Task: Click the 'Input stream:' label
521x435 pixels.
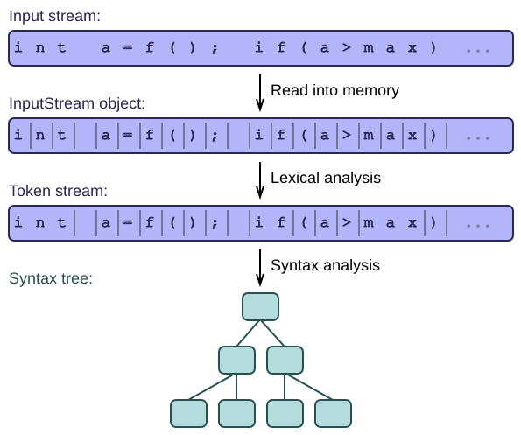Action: coord(54,16)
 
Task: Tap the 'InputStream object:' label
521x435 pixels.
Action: coord(77,103)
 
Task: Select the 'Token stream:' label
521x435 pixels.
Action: coord(58,191)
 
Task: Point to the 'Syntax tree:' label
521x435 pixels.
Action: coord(51,278)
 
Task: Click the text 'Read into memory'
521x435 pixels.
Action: coord(334,90)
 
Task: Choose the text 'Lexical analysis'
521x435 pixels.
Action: coord(326,178)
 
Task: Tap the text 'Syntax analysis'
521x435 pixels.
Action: coord(325,265)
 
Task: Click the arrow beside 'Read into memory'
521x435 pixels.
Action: coord(260,93)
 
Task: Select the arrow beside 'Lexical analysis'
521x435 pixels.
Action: coord(260,180)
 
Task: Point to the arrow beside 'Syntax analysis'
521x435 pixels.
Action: coord(260,268)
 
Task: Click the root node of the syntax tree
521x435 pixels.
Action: coord(261,307)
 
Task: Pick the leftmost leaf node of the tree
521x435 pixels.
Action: coord(189,413)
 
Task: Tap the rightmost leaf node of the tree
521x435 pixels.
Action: coord(333,413)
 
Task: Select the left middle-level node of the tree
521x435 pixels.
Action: coord(237,361)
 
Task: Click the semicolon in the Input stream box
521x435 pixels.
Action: coord(215,48)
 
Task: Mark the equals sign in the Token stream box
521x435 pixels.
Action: coord(128,222)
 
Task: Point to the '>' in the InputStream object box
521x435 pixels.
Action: coord(347,135)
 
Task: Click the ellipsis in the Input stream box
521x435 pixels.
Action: coord(478,51)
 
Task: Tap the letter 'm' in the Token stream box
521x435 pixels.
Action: coord(368,223)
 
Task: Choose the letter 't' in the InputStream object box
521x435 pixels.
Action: coord(61,135)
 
